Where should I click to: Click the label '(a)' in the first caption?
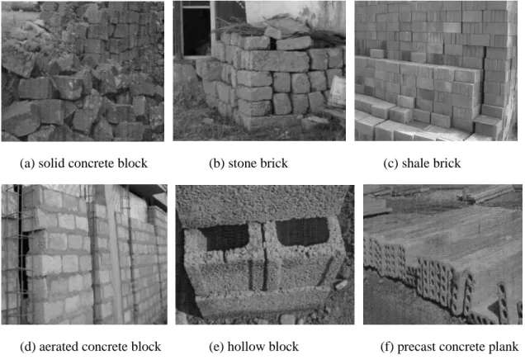(x=27, y=163)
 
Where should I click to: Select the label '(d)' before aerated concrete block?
(x=28, y=347)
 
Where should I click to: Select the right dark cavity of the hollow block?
(x=302, y=232)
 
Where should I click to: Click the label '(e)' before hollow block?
(x=216, y=347)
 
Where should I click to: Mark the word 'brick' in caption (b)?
(x=274, y=163)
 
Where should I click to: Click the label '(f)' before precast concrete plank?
(x=387, y=347)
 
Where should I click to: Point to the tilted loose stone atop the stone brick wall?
(x=272, y=32)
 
